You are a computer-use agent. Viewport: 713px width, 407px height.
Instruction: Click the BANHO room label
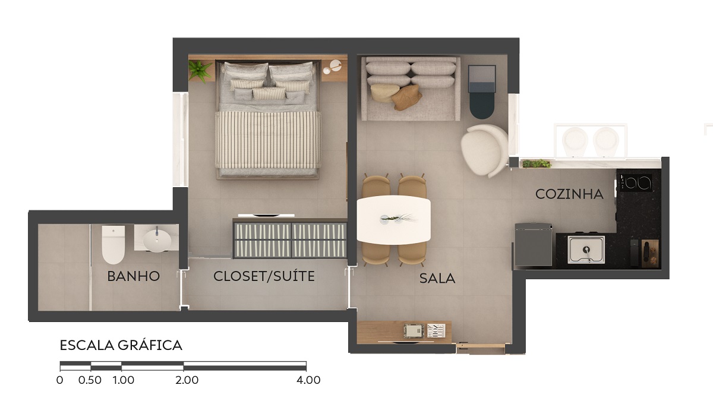[x=133, y=276]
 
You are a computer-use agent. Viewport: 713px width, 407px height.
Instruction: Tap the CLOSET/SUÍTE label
[x=264, y=276]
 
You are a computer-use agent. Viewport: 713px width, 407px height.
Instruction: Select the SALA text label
[x=437, y=279]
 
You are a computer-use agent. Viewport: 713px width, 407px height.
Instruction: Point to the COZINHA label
[x=569, y=194]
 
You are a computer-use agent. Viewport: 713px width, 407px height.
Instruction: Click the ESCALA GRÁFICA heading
[x=121, y=345]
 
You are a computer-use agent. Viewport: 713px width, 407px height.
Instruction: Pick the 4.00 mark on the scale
[x=308, y=380]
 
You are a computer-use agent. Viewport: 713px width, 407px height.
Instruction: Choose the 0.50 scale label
[x=90, y=380]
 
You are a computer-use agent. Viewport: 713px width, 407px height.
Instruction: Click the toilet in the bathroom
[x=113, y=244]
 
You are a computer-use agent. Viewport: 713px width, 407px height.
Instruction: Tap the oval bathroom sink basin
[x=155, y=241]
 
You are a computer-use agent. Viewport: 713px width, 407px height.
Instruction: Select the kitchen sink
[x=586, y=250]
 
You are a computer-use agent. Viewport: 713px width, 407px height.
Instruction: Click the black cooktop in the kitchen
[x=634, y=182]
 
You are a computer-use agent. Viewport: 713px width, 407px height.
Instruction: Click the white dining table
[x=394, y=220]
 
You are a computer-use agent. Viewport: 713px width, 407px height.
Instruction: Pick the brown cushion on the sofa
[x=406, y=97]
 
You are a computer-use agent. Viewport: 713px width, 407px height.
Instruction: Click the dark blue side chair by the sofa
[x=482, y=92]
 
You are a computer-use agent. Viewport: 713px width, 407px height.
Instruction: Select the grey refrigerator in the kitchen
[x=534, y=244]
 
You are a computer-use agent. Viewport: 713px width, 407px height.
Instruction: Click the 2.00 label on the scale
[x=187, y=380]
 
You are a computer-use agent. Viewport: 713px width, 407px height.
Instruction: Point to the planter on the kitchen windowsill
[x=537, y=163]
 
